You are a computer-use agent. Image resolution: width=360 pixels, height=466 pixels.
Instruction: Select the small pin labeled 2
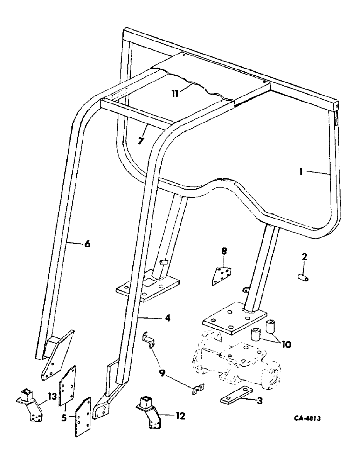click(x=302, y=278)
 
